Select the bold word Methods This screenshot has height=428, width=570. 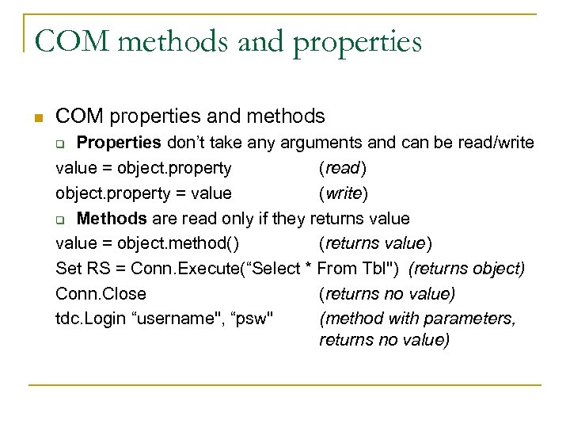tap(112, 218)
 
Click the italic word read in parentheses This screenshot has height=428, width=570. tap(342, 168)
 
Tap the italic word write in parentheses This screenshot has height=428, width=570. tap(343, 193)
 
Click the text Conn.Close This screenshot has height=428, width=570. tap(101, 293)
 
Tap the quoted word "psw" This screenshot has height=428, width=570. tap(253, 319)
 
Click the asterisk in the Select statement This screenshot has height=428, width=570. tap(308, 268)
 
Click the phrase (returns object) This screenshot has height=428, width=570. tap(466, 269)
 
